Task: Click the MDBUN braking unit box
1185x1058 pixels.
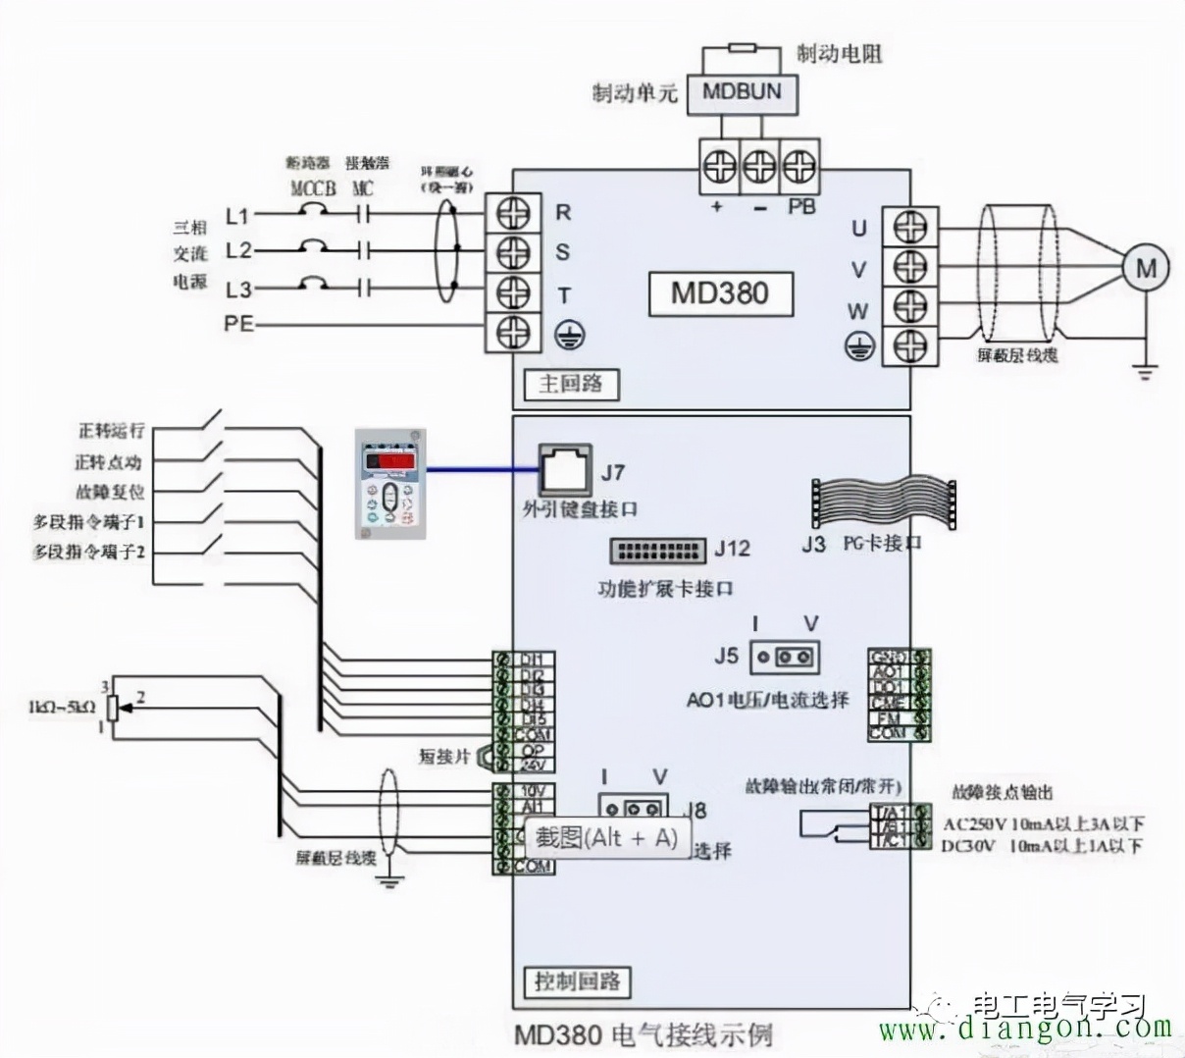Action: point(743,93)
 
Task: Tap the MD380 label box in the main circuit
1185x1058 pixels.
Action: point(720,293)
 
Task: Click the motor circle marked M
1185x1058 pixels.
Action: point(1146,267)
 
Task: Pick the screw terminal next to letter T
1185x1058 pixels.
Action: point(513,292)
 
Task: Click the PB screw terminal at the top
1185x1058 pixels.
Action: point(800,166)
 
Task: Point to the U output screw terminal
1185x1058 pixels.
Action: point(909,228)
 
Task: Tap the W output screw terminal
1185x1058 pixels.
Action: point(909,307)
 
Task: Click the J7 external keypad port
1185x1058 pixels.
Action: point(566,469)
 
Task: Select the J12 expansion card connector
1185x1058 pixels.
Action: point(657,550)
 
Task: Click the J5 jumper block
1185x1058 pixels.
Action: point(784,657)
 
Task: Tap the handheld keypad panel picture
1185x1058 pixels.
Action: point(390,484)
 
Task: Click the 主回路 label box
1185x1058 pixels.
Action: point(570,384)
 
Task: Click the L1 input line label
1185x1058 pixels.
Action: point(237,215)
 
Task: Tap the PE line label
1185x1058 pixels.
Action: point(238,322)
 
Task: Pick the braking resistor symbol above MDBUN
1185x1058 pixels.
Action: point(743,47)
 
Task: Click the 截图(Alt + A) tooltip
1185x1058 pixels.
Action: point(605,837)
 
